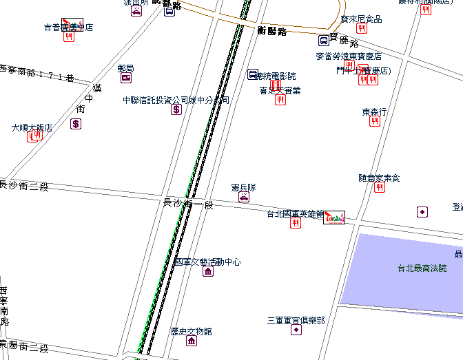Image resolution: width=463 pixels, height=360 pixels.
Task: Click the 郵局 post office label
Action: coord(125,68)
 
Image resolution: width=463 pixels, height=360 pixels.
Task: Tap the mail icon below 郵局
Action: coord(126,78)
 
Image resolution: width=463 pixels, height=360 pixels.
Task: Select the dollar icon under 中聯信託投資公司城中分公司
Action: coord(176,109)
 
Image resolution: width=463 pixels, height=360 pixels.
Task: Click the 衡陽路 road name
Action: coord(271,31)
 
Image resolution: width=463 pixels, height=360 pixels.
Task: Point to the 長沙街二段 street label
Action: coord(25,186)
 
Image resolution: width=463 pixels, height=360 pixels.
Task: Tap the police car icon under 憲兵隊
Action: coord(244,198)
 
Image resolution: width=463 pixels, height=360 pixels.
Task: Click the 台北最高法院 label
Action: coord(422,268)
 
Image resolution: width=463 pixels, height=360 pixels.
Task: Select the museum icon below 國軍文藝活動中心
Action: coord(208,271)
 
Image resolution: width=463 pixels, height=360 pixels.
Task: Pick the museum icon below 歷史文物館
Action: coord(192,341)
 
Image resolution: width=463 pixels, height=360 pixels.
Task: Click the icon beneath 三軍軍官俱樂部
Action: coord(296,330)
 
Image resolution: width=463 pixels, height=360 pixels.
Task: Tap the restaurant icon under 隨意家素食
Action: coord(380,187)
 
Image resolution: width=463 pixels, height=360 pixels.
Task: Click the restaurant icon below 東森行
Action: coord(375,121)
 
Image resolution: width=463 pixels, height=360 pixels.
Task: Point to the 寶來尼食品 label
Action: coord(361,19)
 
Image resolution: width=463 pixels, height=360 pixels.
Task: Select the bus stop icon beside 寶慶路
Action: coord(323,41)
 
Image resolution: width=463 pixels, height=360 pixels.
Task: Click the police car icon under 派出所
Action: coord(136,11)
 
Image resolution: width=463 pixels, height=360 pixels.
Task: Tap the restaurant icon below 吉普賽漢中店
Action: coord(69,36)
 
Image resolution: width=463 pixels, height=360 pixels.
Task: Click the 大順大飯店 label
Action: coord(32,127)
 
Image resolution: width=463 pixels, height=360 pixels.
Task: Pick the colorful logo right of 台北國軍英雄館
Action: coord(334,217)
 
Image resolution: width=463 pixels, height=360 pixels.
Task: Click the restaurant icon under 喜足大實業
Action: coord(280,100)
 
